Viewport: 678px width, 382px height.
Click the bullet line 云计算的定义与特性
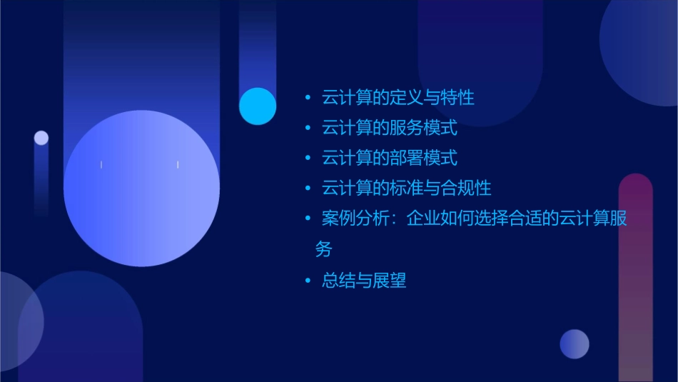[398, 98]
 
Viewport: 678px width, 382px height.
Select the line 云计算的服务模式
[390, 129]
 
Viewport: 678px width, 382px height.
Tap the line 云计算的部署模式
[390, 158]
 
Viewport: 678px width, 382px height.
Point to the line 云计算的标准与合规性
[406, 189]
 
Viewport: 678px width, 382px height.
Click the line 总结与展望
[364, 281]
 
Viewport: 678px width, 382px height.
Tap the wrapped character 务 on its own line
[323, 250]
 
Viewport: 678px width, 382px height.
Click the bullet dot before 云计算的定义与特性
[308, 98]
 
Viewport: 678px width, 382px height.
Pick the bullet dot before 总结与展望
[308, 281]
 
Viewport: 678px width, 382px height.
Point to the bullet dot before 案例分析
[308, 219]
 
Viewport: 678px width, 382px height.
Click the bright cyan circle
[258, 106]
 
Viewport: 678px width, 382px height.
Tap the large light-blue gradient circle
[141, 188]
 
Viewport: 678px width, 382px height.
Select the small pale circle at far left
[41, 138]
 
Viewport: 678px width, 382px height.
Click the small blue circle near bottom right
[575, 343]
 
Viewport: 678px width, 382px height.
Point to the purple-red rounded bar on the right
[635, 278]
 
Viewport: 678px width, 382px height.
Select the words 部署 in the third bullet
[406, 158]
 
